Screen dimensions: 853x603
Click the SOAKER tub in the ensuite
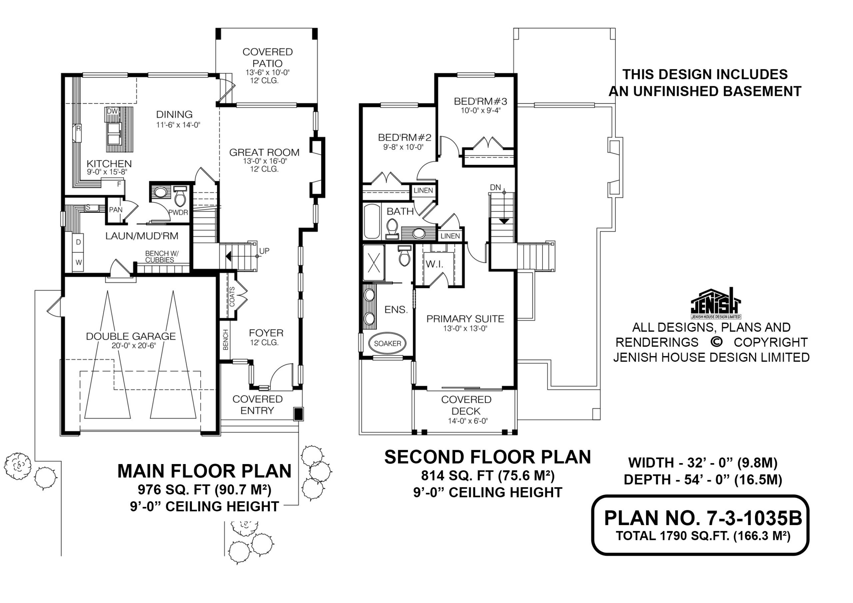click(387, 343)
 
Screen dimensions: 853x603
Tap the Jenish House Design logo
click(715, 303)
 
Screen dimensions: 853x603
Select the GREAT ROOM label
click(264, 152)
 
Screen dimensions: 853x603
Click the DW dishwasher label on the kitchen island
click(112, 111)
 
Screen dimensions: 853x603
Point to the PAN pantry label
click(116, 210)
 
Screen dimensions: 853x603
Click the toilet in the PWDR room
click(180, 196)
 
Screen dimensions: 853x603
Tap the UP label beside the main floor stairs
click(264, 251)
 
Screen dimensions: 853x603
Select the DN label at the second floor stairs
click(495, 188)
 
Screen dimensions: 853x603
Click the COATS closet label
click(232, 297)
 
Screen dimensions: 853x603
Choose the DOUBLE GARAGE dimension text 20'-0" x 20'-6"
click(134, 345)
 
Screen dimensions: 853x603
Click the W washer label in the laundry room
click(79, 262)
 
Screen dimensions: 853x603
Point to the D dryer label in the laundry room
click(78, 242)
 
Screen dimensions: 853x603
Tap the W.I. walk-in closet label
click(434, 264)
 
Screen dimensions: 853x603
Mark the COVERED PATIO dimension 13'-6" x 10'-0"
click(268, 72)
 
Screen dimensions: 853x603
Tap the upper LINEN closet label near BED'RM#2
click(423, 191)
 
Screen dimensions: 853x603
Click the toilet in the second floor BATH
click(392, 228)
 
